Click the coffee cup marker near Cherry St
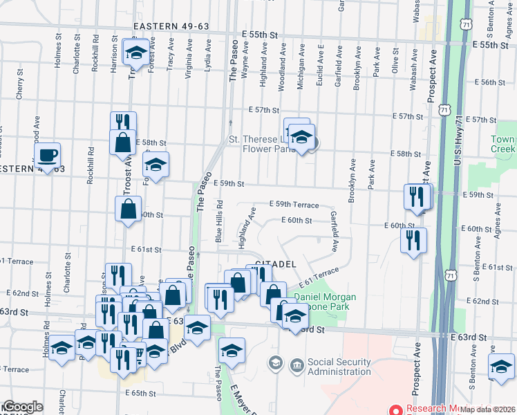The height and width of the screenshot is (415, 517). point(48,155)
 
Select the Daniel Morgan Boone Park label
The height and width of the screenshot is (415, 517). point(325,302)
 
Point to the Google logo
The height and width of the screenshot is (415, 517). point(22,407)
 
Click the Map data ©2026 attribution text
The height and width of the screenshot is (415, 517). point(488,409)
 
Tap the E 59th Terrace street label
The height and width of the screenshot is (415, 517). point(294,205)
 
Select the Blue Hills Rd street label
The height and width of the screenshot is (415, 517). point(218,221)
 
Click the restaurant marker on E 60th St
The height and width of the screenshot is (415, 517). point(413,240)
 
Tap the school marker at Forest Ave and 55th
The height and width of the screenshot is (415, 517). point(137,52)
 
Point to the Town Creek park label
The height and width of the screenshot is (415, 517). point(502,144)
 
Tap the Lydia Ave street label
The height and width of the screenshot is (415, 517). point(207,63)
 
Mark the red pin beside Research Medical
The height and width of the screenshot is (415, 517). point(396,409)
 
